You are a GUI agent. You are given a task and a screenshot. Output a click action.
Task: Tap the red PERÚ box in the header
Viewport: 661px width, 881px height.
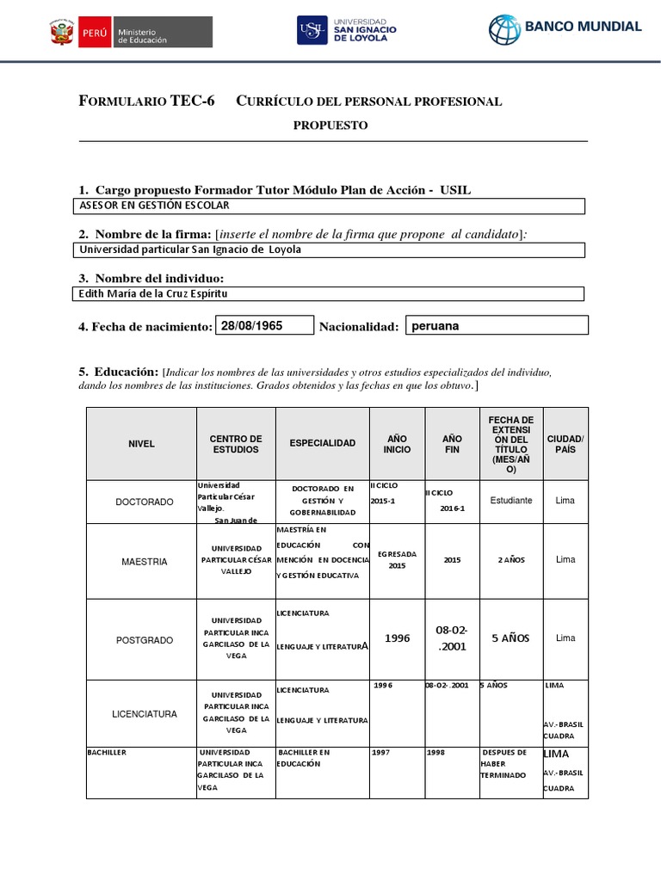tap(94, 34)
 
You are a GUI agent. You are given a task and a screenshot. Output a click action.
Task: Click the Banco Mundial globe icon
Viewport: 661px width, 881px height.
tap(505, 29)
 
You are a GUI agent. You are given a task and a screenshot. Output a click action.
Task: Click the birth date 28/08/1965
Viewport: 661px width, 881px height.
tap(252, 325)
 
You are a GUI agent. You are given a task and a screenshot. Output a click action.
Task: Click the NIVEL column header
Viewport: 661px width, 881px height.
tap(141, 443)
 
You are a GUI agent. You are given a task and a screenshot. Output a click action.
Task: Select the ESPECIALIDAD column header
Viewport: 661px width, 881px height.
tap(322, 443)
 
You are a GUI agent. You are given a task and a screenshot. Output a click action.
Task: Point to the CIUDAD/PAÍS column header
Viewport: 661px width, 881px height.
tap(565, 443)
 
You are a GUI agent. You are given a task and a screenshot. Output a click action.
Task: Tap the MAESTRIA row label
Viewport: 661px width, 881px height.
tap(144, 561)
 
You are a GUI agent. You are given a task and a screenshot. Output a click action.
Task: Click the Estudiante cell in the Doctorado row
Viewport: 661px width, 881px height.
tap(510, 500)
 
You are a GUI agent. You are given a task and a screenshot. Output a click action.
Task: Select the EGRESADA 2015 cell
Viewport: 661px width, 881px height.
tap(396, 560)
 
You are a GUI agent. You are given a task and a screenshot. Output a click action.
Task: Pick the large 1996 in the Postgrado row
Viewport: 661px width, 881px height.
tap(397, 638)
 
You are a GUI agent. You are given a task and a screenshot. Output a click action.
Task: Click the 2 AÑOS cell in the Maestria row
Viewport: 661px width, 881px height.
tap(510, 560)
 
